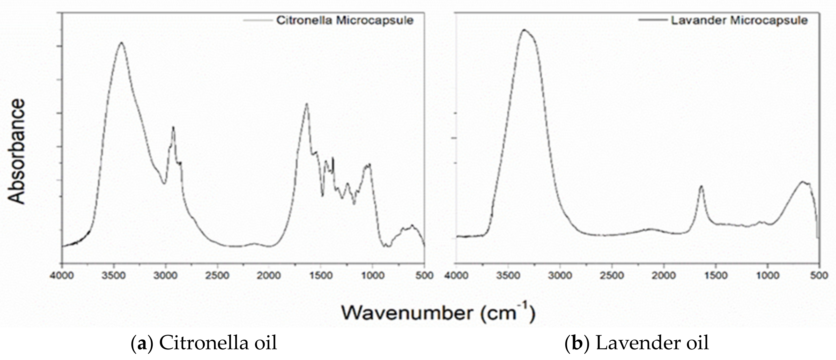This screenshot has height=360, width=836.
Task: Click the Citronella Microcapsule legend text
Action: [x=345, y=20]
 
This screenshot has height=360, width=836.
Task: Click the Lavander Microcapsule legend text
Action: [x=739, y=20]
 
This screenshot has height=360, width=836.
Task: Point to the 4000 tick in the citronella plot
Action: [x=62, y=275]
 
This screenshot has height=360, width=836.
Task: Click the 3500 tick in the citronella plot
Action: [x=114, y=275]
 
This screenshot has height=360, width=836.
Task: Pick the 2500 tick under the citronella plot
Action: [x=217, y=275]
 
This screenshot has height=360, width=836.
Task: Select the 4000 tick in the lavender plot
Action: [x=456, y=275]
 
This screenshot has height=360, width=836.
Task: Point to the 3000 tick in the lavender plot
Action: [x=560, y=275]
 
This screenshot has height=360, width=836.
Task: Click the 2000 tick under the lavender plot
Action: [x=663, y=275]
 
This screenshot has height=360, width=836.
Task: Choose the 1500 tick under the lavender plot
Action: [x=715, y=275]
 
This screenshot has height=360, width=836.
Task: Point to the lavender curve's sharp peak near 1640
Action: [x=701, y=186]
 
